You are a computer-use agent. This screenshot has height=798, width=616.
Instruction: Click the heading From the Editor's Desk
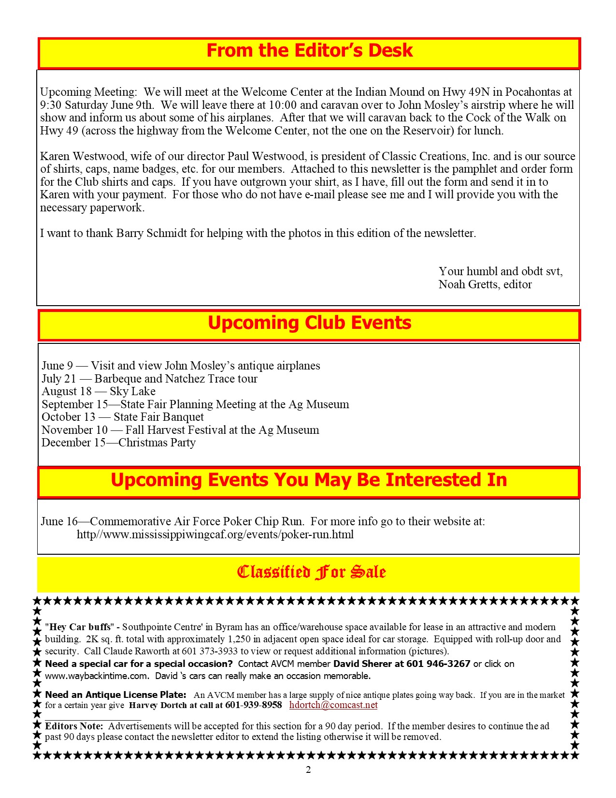coord(309,51)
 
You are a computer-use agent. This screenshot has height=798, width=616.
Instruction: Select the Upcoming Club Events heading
coord(309,323)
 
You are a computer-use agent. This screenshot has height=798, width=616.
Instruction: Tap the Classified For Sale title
coord(311,572)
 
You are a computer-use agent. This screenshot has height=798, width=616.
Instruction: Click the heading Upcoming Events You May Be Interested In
coord(309,480)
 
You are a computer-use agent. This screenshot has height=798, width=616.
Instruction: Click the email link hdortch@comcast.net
coord(333,705)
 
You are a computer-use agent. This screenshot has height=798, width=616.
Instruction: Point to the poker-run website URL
coord(215,534)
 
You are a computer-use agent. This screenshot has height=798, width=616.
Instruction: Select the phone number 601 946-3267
coord(438,664)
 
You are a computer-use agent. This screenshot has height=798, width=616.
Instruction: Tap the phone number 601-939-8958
coord(254,705)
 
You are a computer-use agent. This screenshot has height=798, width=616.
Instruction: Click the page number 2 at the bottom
coord(308,769)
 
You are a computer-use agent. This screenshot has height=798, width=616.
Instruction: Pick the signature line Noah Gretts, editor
coord(485,284)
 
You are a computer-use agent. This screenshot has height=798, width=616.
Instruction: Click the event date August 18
coord(66,391)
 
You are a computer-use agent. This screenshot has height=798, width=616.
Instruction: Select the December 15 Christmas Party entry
coord(118,443)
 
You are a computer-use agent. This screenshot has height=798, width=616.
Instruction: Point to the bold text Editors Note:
coord(74,726)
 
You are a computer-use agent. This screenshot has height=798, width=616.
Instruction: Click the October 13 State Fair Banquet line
coord(123,417)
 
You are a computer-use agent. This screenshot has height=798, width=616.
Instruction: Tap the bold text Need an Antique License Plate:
coord(115,695)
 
